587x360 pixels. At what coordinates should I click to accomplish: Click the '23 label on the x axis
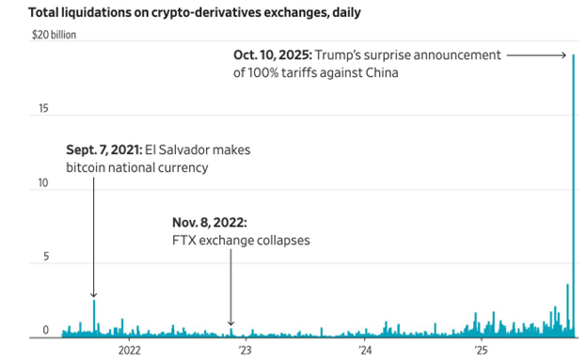pos(245,351)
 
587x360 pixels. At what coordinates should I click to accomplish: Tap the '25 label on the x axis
pos(481,351)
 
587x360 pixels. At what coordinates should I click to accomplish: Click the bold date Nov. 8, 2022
pos(209,223)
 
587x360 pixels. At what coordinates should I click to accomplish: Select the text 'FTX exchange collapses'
pos(240,240)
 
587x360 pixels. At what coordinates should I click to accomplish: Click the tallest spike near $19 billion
pos(573,58)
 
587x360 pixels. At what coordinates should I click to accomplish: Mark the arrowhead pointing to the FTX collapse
pos(230,322)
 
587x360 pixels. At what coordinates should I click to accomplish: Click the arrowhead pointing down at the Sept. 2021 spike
pos(94,295)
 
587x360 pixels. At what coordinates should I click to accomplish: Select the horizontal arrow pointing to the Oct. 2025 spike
pos(536,56)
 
